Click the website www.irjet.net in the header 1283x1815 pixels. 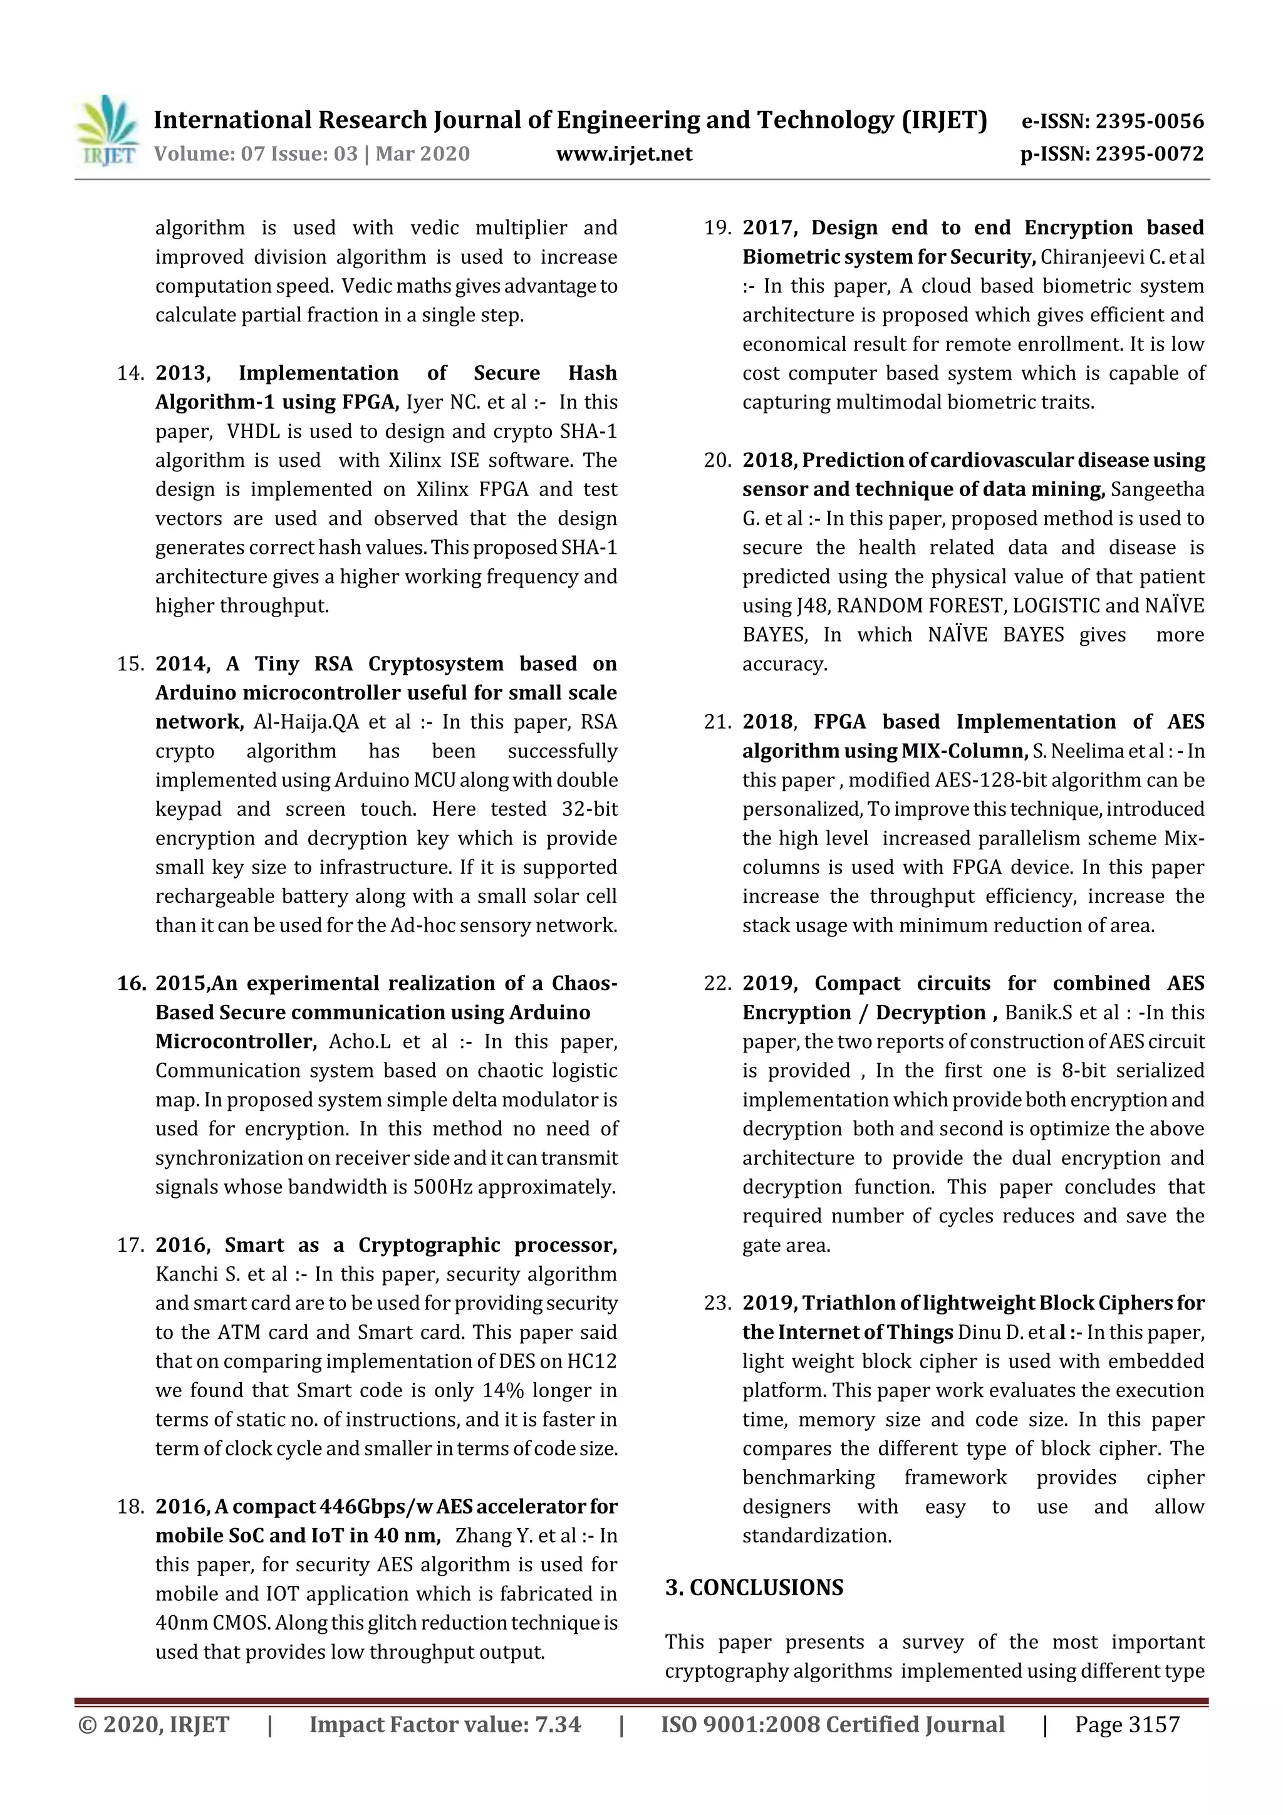pos(624,154)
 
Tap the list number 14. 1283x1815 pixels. pos(130,373)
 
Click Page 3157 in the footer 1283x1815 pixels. pos(1126,1725)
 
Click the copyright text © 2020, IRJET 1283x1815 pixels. pos(154,1725)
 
